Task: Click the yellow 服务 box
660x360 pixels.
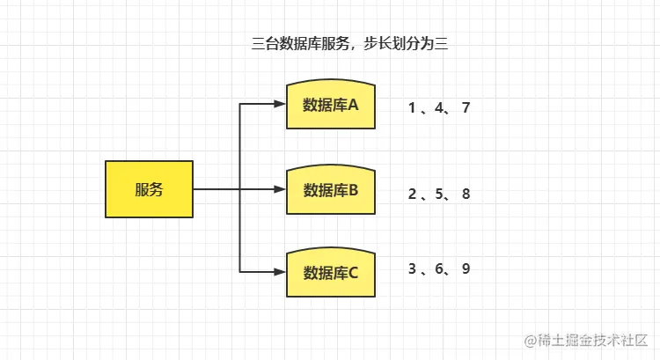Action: coord(149,189)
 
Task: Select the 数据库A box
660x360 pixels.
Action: coord(331,106)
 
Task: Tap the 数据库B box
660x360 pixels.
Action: coord(331,190)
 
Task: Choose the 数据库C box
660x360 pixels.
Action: coord(331,272)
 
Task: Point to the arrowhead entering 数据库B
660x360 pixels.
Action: coord(281,189)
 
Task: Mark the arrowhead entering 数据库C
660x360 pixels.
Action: coord(281,271)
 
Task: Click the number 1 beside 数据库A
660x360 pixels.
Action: coord(412,108)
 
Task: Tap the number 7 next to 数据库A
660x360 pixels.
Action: coord(466,108)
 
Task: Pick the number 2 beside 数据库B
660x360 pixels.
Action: coord(412,194)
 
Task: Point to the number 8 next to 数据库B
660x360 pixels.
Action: coord(466,194)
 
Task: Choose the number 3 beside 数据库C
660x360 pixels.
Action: coord(412,268)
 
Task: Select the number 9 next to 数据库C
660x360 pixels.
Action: coord(466,268)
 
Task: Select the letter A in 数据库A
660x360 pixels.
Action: coord(354,106)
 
